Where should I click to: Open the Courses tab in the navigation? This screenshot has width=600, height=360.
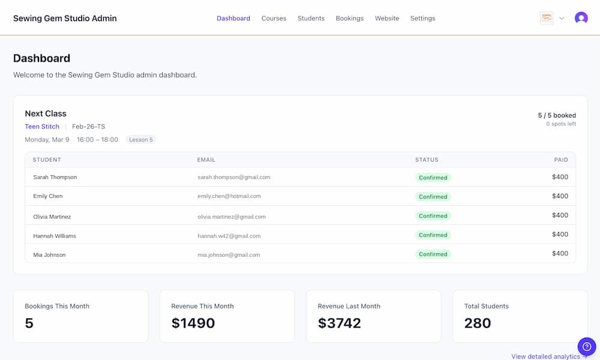[274, 19]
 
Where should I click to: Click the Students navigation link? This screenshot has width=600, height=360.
[311, 19]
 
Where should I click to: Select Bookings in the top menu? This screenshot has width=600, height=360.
[349, 19]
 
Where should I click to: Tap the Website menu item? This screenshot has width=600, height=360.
[387, 19]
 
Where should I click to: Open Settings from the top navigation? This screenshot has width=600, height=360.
[422, 19]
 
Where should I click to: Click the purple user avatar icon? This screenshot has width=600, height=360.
[581, 18]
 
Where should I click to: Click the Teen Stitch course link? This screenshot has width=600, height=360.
[42, 127]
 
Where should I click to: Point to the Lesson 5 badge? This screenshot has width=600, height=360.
[141, 140]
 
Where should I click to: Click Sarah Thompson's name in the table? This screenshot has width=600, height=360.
[55, 178]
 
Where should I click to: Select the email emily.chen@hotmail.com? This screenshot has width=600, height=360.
[229, 196]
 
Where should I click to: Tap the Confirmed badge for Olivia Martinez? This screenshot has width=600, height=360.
[433, 216]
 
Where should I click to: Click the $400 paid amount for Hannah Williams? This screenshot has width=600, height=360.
[560, 235]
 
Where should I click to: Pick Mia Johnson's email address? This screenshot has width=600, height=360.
[229, 255]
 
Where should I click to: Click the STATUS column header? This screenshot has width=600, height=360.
[427, 160]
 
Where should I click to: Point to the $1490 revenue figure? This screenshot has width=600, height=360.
[193, 323]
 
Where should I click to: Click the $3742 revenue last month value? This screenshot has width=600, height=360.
[340, 323]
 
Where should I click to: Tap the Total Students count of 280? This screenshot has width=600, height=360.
[478, 323]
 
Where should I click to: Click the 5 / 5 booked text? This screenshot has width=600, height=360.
[557, 115]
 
